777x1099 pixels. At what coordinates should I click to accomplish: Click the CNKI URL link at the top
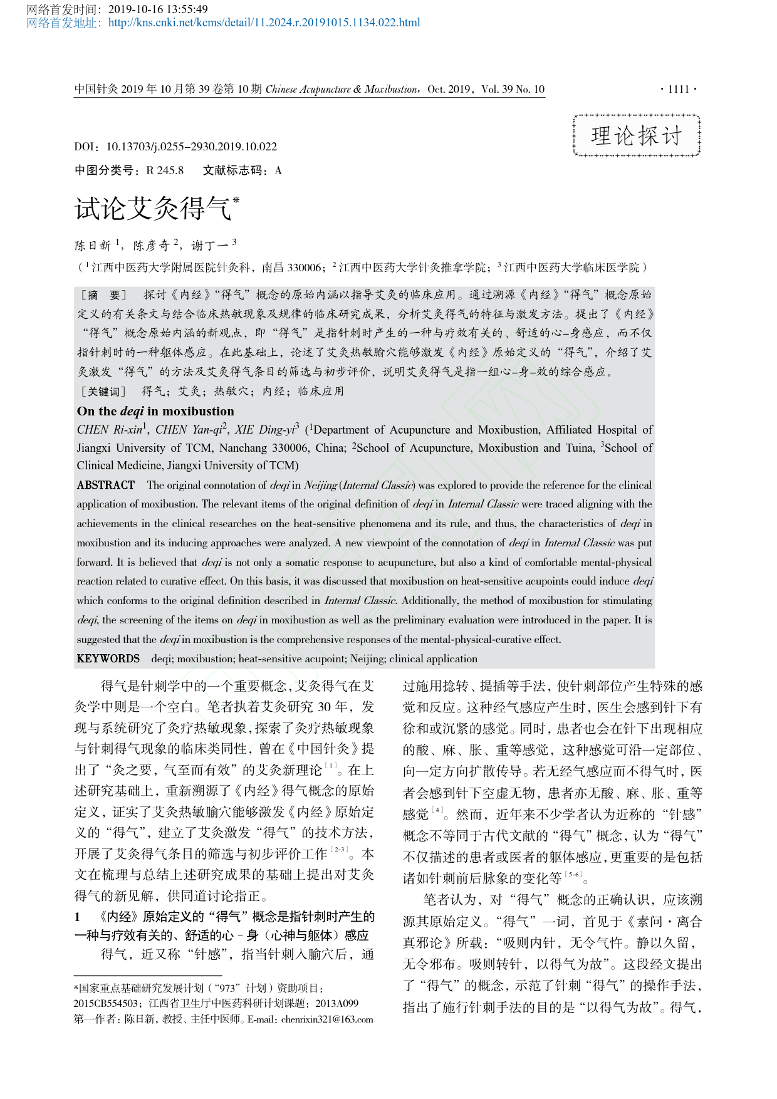[x=264, y=23]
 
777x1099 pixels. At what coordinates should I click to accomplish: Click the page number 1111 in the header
[x=679, y=89]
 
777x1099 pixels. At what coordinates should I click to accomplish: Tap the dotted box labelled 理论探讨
[x=637, y=135]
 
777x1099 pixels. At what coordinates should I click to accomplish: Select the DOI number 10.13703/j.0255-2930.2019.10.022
[x=191, y=147]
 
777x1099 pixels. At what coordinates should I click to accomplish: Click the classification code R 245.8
[x=165, y=170]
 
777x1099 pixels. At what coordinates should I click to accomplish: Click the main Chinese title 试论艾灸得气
[x=154, y=209]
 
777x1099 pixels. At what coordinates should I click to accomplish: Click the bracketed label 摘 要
[x=104, y=295]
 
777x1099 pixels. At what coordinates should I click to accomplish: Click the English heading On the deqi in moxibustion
[x=155, y=412]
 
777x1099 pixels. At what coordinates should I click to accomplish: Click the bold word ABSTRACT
[x=106, y=485]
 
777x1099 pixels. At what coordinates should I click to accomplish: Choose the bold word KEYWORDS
[x=108, y=659]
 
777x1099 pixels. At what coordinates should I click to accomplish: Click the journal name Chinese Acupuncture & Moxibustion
[x=342, y=89]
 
